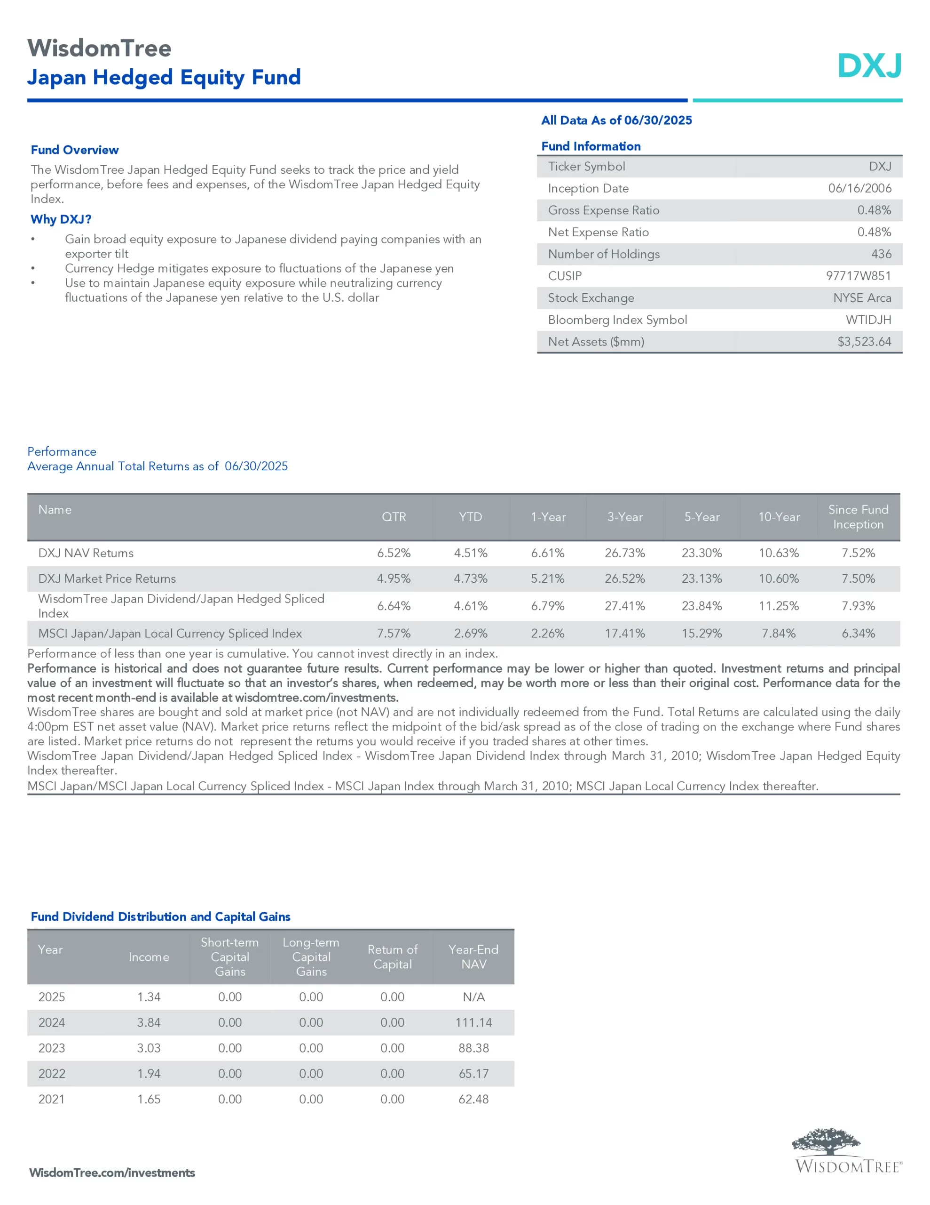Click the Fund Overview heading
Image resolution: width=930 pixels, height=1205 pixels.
click(x=74, y=150)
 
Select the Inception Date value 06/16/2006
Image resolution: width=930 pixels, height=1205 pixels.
click(x=859, y=188)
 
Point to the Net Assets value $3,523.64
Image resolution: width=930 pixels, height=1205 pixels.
click(x=864, y=342)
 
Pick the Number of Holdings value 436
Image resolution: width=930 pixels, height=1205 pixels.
click(x=881, y=254)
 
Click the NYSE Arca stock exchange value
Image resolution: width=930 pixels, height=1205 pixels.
click(x=862, y=298)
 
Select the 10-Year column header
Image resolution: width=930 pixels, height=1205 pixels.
click(x=779, y=517)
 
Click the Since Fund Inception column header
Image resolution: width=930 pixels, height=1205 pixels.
click(x=858, y=517)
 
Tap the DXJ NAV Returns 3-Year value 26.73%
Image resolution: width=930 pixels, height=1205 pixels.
click(x=624, y=553)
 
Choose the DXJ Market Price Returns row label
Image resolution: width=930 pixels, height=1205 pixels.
click(x=107, y=579)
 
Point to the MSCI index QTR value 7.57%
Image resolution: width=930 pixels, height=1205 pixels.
click(x=394, y=634)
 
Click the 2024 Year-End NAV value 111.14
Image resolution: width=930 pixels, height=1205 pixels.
click(x=473, y=1022)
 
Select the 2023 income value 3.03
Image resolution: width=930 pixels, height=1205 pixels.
click(x=149, y=1048)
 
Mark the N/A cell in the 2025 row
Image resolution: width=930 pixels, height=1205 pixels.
click(x=473, y=997)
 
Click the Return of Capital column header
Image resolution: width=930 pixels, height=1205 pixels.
click(x=393, y=957)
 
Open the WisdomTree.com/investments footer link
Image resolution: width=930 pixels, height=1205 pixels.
click(x=112, y=1173)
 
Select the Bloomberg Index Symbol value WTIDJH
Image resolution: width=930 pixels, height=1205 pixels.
click(x=868, y=320)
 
